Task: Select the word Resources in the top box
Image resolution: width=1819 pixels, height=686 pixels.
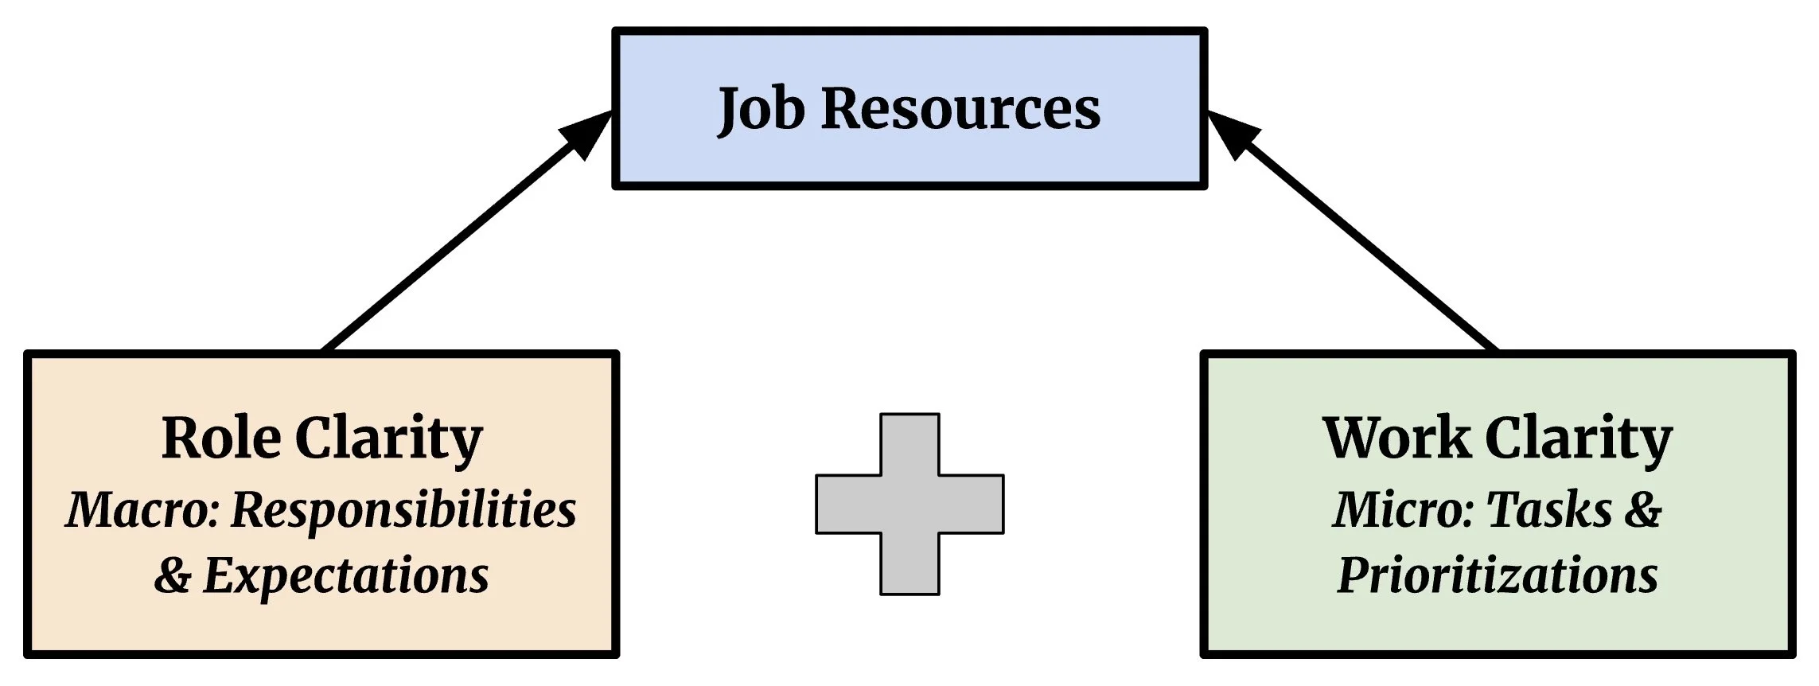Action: point(960,109)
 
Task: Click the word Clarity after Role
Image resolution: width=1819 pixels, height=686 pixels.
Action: point(389,439)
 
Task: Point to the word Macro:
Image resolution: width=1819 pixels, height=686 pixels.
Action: point(142,509)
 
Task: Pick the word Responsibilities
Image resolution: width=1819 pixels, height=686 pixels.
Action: point(403,511)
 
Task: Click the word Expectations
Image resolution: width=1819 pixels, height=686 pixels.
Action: point(346,576)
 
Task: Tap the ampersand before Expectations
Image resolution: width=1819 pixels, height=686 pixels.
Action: point(173,576)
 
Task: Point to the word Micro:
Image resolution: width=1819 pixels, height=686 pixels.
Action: point(1404,509)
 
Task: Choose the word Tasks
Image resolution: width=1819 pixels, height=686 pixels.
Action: point(1548,509)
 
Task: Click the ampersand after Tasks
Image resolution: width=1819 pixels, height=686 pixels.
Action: point(1643,509)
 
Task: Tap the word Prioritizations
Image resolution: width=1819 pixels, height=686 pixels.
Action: point(1497,576)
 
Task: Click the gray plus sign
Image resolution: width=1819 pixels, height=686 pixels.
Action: point(909,504)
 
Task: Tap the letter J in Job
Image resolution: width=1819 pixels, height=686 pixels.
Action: point(729,111)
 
